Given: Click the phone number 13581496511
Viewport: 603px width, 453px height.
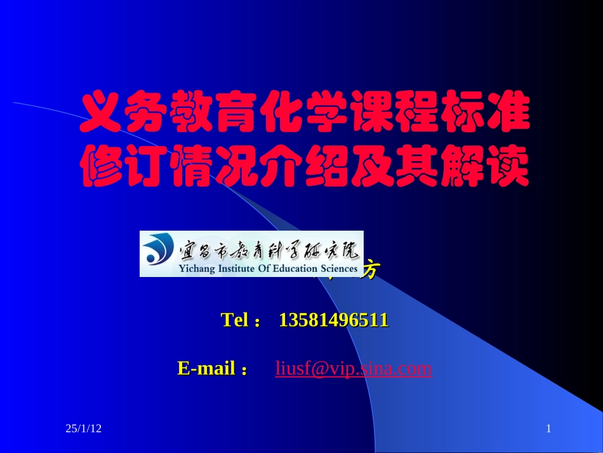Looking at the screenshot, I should pos(333,320).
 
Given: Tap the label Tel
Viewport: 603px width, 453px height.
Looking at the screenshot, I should pos(235,320).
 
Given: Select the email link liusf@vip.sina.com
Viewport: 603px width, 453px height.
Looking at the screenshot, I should pos(353,368).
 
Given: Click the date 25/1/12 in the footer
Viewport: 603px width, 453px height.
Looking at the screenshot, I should pos(84,429).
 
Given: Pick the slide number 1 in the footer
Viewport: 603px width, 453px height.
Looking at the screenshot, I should pos(548,429).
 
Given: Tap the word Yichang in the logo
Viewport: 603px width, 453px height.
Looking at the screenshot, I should pos(197,269).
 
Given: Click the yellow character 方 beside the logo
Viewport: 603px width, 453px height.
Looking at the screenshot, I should pos(370,271).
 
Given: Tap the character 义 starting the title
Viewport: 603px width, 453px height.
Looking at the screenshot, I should pos(102,115).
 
